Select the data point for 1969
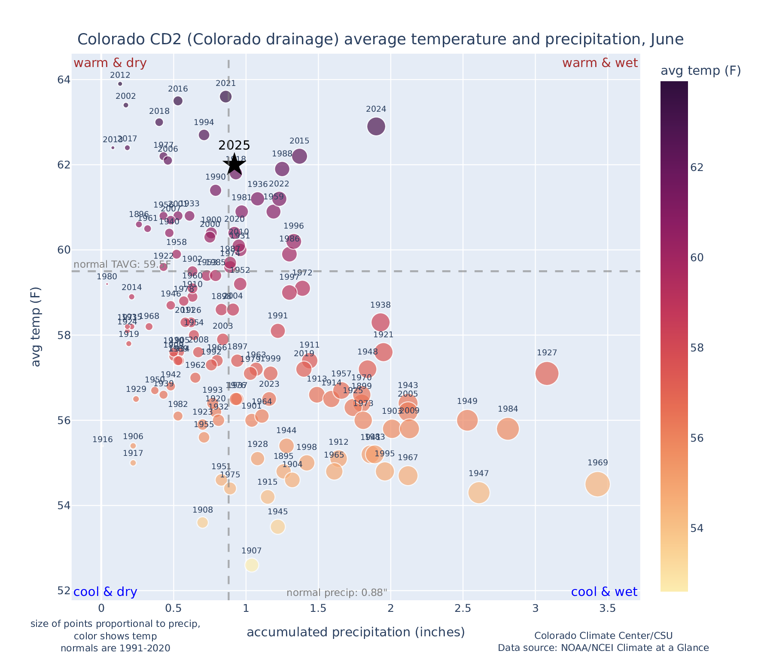click(597, 484)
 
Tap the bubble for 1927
click(547, 373)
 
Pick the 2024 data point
click(376, 126)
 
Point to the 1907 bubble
click(252, 565)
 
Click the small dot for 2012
click(120, 84)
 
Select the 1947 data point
click(479, 492)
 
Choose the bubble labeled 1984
click(508, 429)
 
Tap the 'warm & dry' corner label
click(110, 63)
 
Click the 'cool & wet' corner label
click(604, 592)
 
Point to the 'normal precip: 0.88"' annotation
click(337, 593)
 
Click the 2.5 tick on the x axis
click(463, 608)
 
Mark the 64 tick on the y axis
click(63, 80)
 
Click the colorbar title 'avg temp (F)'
click(700, 71)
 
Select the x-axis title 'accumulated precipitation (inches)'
click(356, 632)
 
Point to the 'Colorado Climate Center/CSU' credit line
click(603, 635)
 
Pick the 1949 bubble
click(467, 420)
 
